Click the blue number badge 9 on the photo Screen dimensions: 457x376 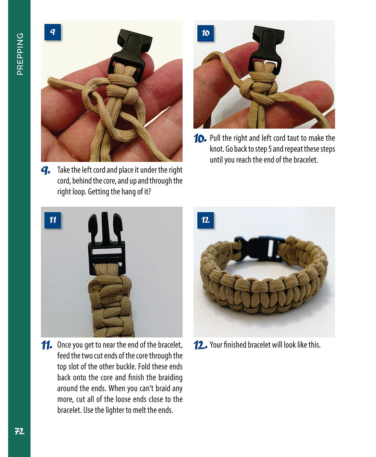[x=53, y=32]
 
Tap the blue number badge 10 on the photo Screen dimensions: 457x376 [x=205, y=33]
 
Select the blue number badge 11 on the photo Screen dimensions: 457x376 [x=53, y=220]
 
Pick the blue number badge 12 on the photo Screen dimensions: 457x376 [x=205, y=220]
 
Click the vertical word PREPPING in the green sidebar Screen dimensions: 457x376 [x=20, y=54]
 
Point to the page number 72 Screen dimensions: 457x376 [x=19, y=431]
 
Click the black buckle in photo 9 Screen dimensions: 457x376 [x=130, y=53]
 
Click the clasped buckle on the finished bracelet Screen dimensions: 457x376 [x=259, y=248]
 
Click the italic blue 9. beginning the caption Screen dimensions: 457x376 [x=46, y=170]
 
